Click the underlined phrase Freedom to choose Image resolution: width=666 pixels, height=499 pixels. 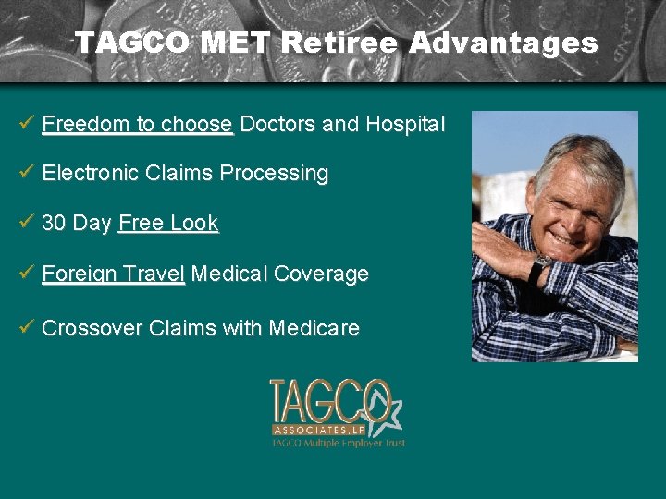137,124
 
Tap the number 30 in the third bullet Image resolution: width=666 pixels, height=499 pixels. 54,224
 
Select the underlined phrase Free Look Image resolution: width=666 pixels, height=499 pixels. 168,224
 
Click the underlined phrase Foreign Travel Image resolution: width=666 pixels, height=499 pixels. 114,274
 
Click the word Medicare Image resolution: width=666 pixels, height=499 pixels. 314,328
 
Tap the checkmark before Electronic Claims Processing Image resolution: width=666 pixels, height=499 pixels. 27,172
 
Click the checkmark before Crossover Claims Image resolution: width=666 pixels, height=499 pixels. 27,326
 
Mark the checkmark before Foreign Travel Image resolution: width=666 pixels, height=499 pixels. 27,273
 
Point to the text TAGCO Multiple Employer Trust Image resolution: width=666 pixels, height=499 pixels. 338,444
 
